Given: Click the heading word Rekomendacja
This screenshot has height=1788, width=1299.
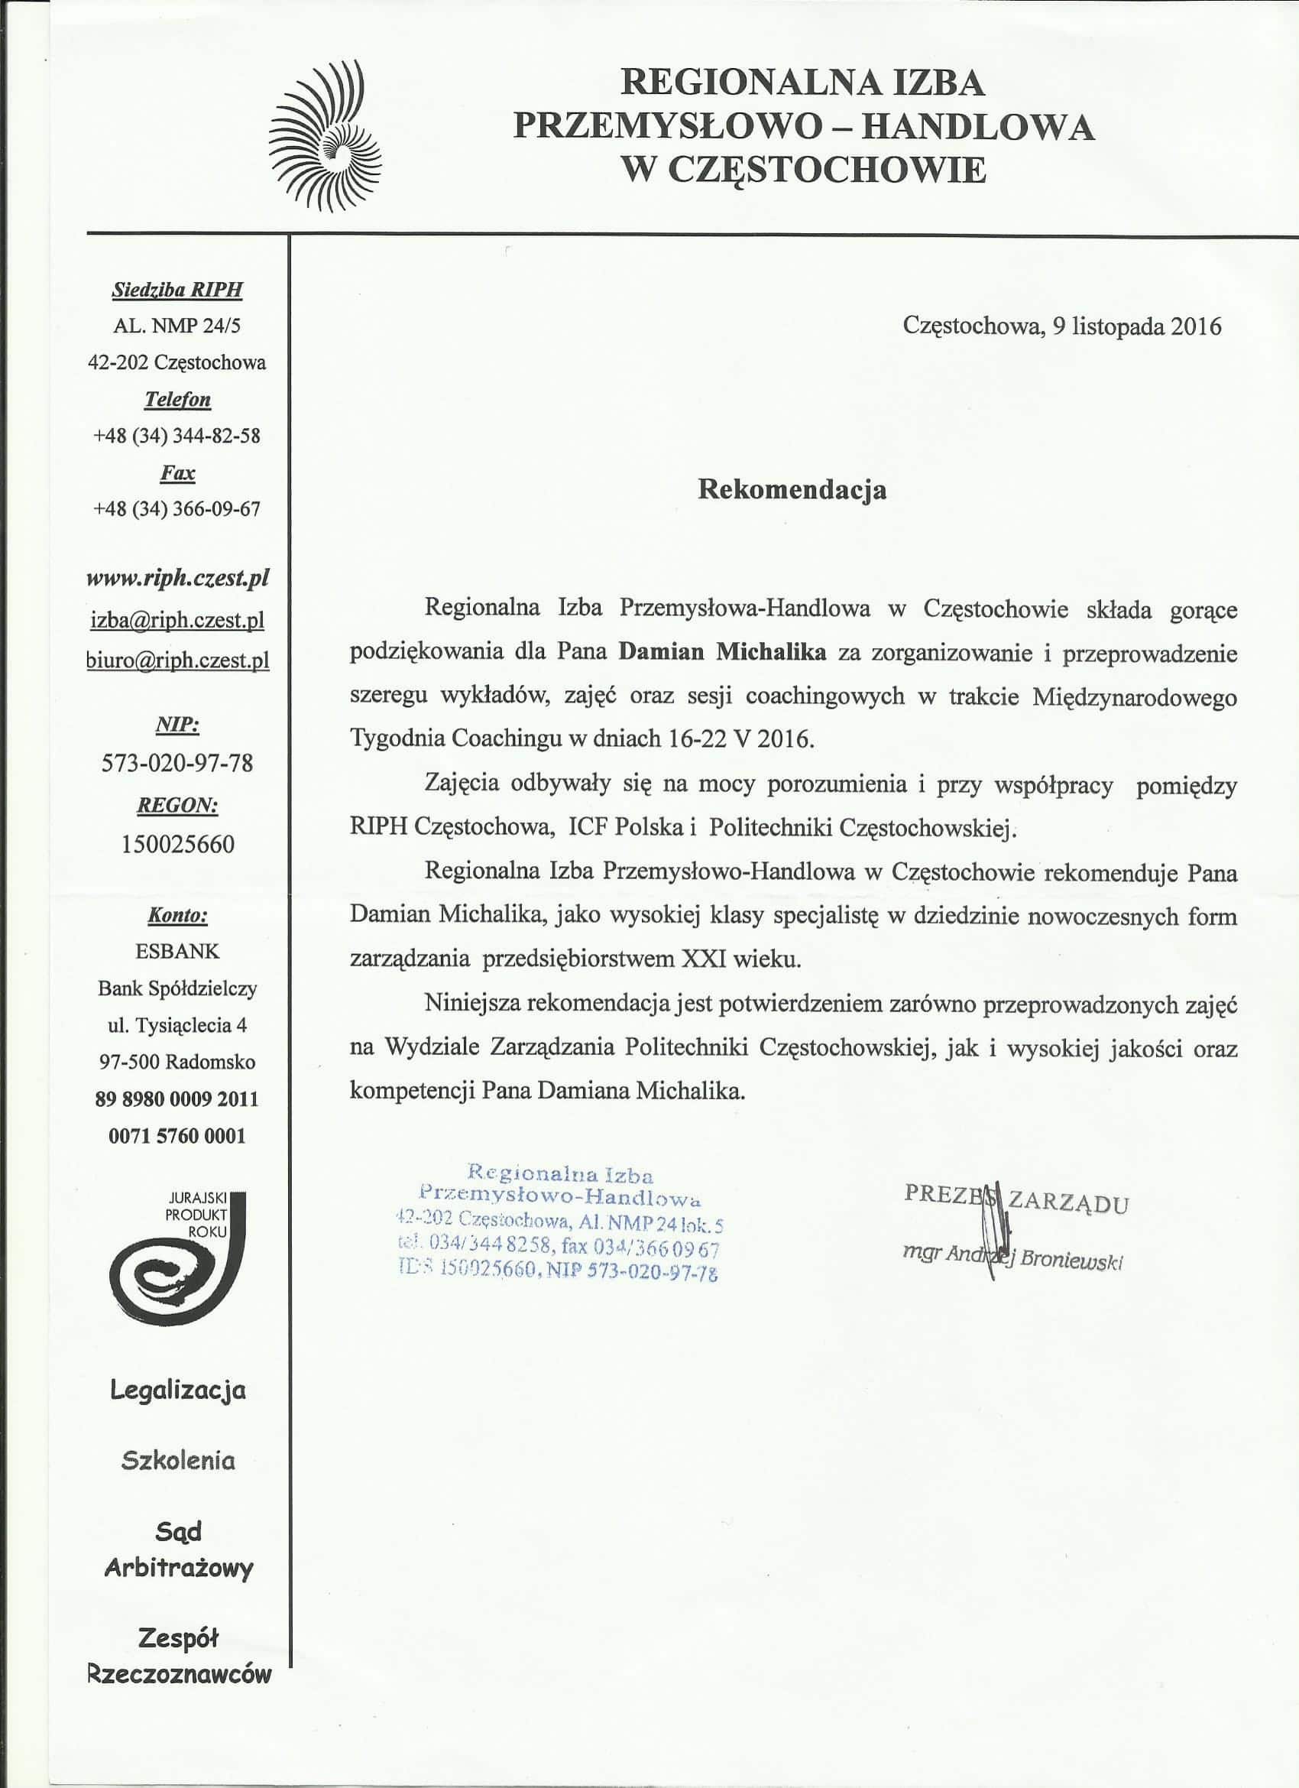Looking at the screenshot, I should point(792,489).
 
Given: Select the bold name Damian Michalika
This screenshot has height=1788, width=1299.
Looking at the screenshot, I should point(722,653).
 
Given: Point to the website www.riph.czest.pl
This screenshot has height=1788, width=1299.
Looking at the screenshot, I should point(177,578).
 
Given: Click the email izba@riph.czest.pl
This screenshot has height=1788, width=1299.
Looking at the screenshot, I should point(177,621).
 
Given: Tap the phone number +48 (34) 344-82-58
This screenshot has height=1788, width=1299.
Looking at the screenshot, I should point(177,436).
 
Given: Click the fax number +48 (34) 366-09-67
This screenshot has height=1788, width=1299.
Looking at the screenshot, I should point(177,509).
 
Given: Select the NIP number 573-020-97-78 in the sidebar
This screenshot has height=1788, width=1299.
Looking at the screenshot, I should point(177,763).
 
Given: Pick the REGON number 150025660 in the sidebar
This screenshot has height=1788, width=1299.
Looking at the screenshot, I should point(177,845).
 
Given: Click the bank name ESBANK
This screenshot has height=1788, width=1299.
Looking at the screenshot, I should point(177,952).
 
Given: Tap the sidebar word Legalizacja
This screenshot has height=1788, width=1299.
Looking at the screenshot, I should point(178,1390).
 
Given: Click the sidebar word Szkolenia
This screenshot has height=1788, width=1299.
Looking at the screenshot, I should point(178,1461).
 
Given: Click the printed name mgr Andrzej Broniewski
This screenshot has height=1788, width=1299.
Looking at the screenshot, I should point(1013,1259).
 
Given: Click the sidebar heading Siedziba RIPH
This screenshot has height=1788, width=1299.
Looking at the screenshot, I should point(177,290).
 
